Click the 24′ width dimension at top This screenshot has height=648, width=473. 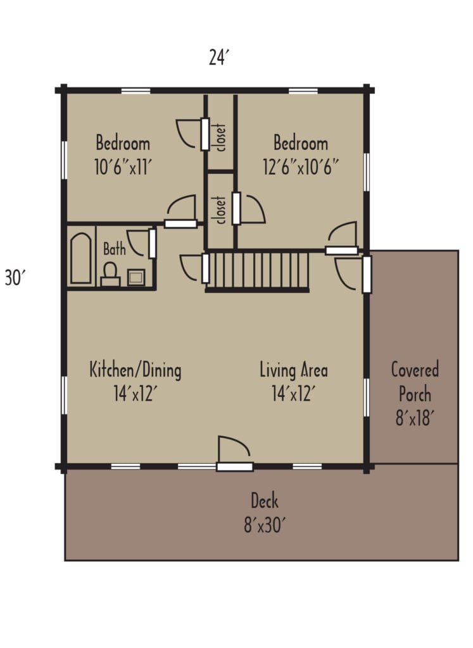218,57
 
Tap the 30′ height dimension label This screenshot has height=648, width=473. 15,277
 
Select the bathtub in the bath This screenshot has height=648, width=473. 80,258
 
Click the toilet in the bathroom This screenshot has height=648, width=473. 110,275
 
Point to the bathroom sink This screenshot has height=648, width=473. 136,277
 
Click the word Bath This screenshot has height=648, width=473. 114,249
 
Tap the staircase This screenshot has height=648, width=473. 258,271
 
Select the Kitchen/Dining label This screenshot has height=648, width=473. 136,370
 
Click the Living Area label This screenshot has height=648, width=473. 294,370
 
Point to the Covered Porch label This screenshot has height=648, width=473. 415,382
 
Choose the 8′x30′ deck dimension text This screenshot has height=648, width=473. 264,525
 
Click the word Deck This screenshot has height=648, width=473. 265,501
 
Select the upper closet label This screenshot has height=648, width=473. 221,137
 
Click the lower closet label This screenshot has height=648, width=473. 220,210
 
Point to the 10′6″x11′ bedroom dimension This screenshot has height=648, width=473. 123,168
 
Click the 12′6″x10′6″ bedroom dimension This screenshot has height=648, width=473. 301,167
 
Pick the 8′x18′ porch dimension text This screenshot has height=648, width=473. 415,419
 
